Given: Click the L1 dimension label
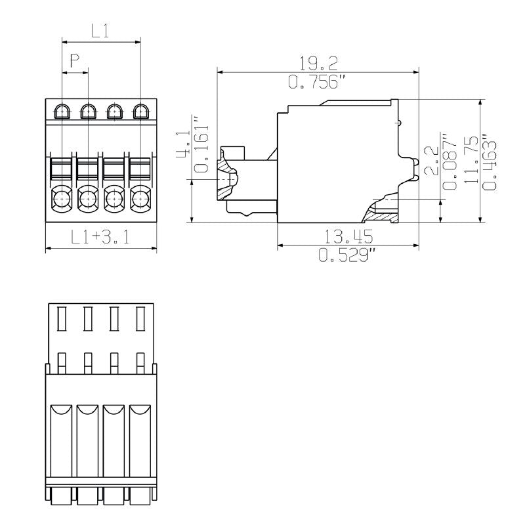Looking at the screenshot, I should [x=100, y=30].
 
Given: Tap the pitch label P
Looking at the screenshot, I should [x=75, y=62].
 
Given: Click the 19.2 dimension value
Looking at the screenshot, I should [x=318, y=63].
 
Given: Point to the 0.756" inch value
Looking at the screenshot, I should [x=318, y=82].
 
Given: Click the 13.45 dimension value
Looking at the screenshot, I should [x=348, y=236].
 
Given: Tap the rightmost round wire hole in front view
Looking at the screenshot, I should [x=140, y=196].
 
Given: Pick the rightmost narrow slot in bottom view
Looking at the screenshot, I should [x=140, y=319].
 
